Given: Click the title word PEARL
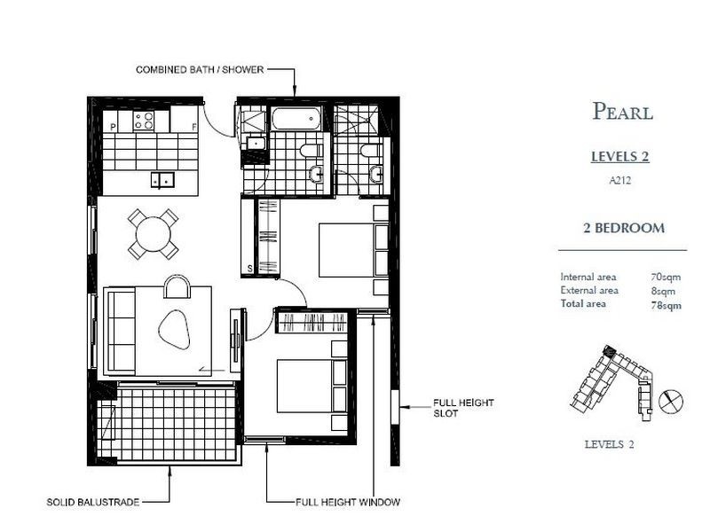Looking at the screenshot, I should pyautogui.click(x=622, y=112).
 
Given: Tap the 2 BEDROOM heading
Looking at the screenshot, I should pyautogui.click(x=623, y=228).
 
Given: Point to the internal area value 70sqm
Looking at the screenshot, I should pyautogui.click(x=666, y=277).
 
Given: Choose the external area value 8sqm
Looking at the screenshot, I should pyautogui.click(x=663, y=290).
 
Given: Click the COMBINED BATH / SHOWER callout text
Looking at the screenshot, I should pyautogui.click(x=199, y=69).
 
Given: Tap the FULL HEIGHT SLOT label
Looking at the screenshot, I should pyautogui.click(x=463, y=408).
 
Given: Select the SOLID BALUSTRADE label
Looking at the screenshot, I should pyautogui.click(x=93, y=502).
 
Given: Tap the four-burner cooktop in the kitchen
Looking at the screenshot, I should pyautogui.click(x=145, y=120).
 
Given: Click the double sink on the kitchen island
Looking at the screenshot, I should pyautogui.click(x=163, y=179).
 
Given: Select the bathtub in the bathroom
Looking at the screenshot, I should pyautogui.click(x=299, y=119).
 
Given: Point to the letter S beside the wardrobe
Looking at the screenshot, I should pyautogui.click(x=250, y=267).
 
